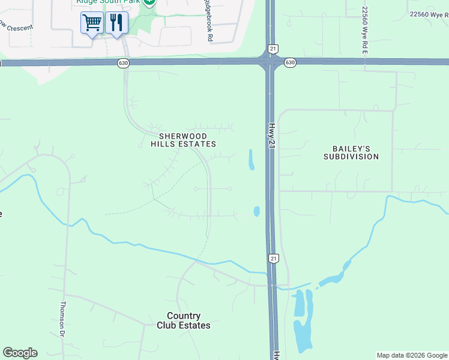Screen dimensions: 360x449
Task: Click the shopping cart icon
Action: [x=92, y=23]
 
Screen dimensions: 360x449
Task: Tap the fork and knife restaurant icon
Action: [x=116, y=23]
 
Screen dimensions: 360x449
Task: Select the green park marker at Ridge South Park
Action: [x=149, y=2]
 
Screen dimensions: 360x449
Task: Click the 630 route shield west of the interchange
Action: [x=123, y=62]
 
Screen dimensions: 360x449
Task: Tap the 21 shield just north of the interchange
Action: [x=273, y=48]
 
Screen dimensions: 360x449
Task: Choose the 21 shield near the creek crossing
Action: [x=273, y=258]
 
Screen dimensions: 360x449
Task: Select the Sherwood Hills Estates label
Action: [x=183, y=140]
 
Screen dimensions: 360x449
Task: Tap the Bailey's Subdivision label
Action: [x=351, y=152]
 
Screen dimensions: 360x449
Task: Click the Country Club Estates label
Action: [x=184, y=320]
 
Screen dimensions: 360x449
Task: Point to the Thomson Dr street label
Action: [x=62, y=318]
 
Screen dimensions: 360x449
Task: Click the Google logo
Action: [x=20, y=353]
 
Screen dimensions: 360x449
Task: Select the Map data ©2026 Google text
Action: [x=412, y=355]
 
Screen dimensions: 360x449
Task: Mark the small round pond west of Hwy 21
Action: [x=256, y=211]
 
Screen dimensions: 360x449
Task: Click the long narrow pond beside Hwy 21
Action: [x=251, y=159]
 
